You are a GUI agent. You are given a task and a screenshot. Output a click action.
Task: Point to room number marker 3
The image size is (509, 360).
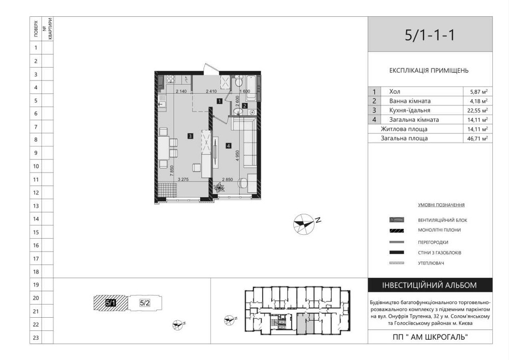click(x=189, y=136)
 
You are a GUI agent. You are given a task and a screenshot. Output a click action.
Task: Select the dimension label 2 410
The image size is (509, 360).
click(x=211, y=92)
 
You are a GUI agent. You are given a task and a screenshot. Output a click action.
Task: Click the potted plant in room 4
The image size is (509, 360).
click(x=219, y=188)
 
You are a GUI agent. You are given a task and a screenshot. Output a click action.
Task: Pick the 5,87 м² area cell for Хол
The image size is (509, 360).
click(x=478, y=92)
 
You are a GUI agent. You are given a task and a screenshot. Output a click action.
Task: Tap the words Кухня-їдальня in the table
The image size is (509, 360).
click(x=409, y=110)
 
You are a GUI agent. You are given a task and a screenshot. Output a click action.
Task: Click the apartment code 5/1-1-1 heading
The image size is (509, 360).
click(x=430, y=35)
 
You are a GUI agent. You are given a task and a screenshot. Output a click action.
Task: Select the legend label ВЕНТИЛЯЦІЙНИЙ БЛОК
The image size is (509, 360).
click(x=442, y=220)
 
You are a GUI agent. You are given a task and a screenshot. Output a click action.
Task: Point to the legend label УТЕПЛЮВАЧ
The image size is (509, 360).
click(x=431, y=263)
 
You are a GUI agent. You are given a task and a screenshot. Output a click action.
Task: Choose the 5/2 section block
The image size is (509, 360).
click(x=145, y=303)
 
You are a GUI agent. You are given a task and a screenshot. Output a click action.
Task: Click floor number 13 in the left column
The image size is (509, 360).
click(x=36, y=206)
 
